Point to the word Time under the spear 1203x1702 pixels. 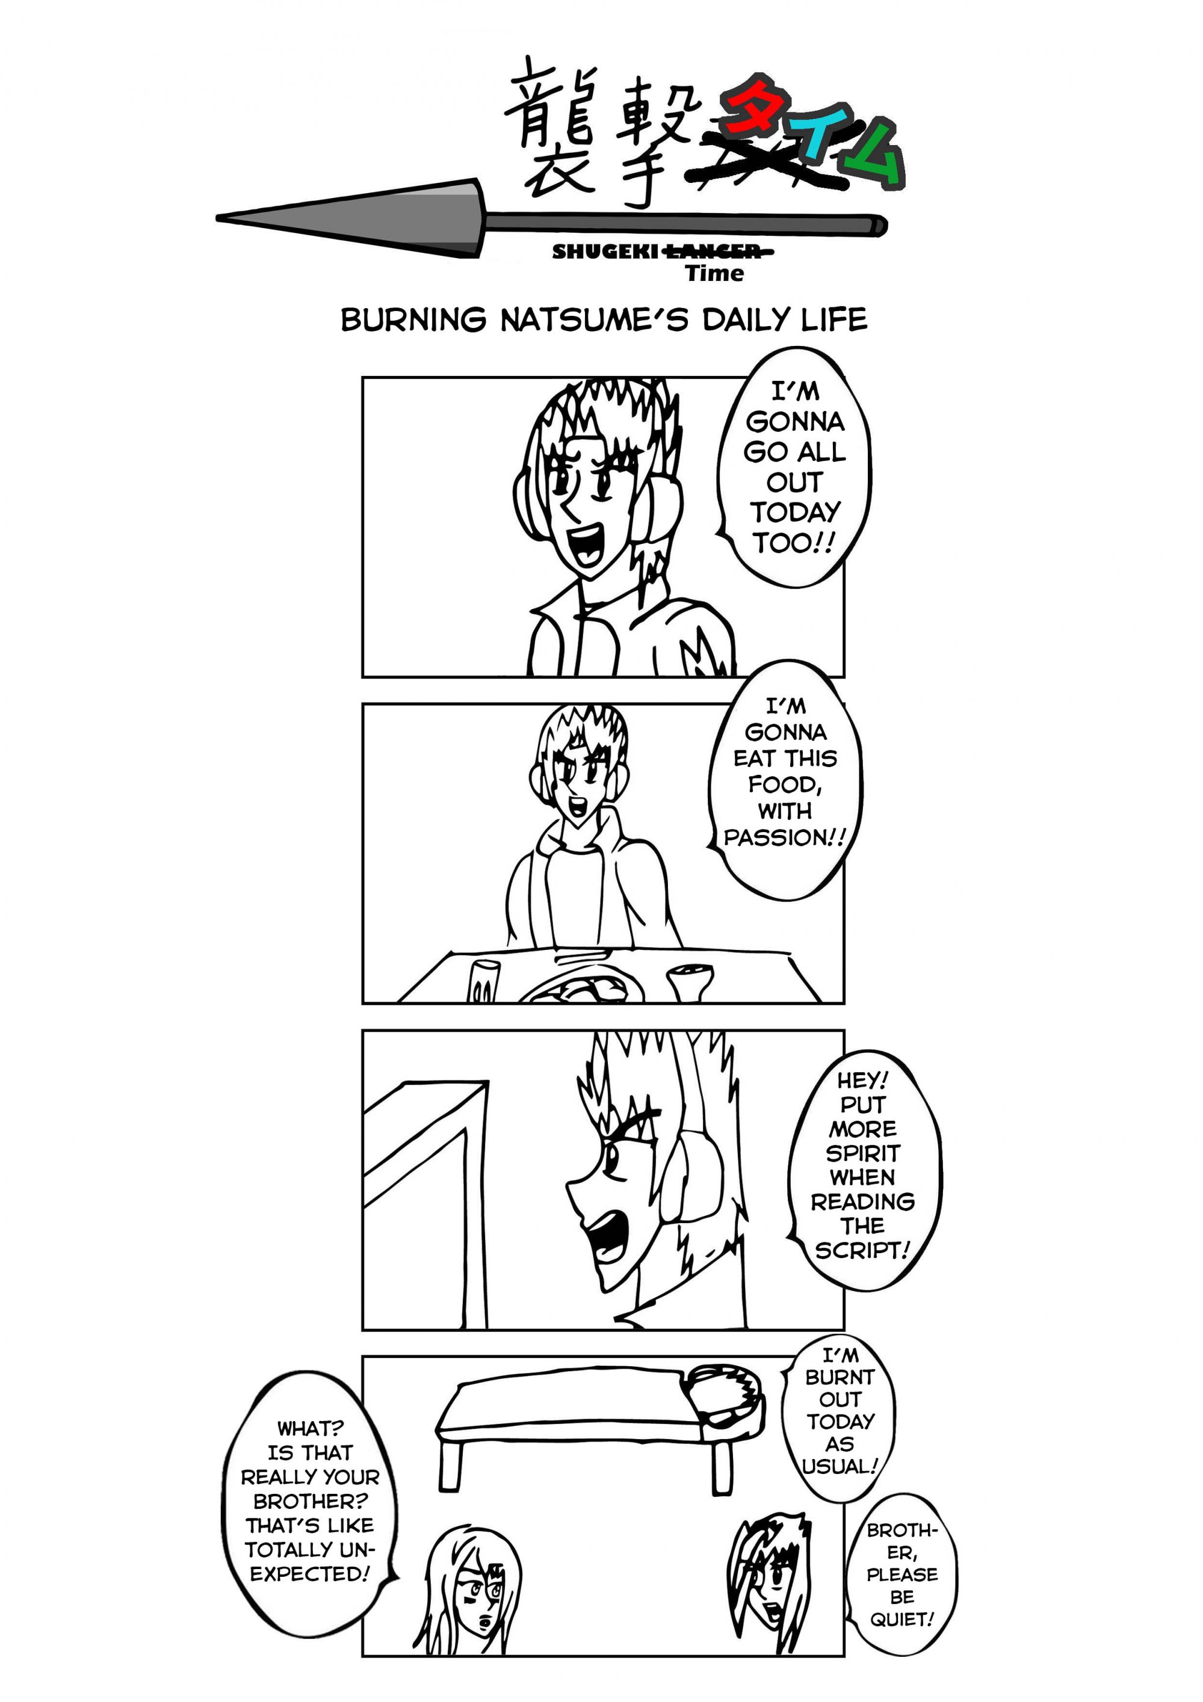click(x=714, y=274)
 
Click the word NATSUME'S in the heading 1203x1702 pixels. click(x=594, y=319)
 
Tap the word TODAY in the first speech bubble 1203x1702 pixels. click(x=794, y=512)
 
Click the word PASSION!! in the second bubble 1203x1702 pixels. click(x=785, y=837)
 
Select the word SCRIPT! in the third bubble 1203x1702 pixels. click(x=862, y=1251)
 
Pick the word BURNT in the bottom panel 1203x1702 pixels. click(x=840, y=1377)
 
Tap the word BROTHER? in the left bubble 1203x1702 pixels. click(x=310, y=1501)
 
